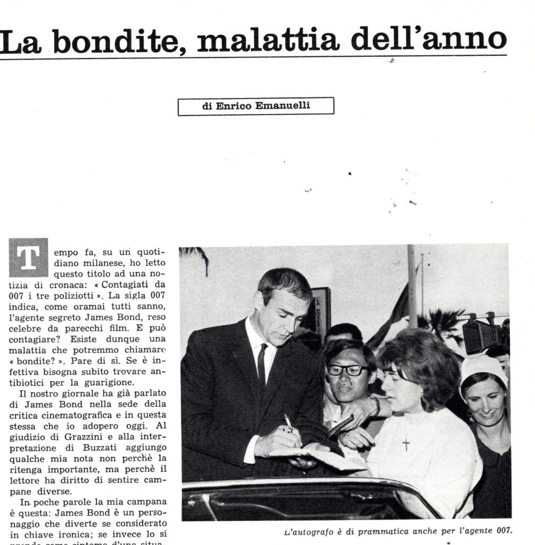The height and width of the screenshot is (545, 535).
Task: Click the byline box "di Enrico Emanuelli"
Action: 256,106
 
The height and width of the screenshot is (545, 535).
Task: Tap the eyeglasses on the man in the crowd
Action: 347,370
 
